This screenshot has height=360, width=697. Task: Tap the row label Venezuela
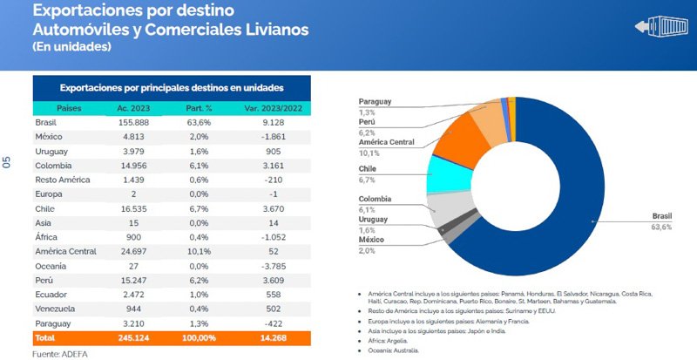tap(56, 309)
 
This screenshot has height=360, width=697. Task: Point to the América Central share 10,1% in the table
tap(200, 251)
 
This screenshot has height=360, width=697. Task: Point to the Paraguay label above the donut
tap(375, 101)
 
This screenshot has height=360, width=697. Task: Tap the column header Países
tap(69, 108)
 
